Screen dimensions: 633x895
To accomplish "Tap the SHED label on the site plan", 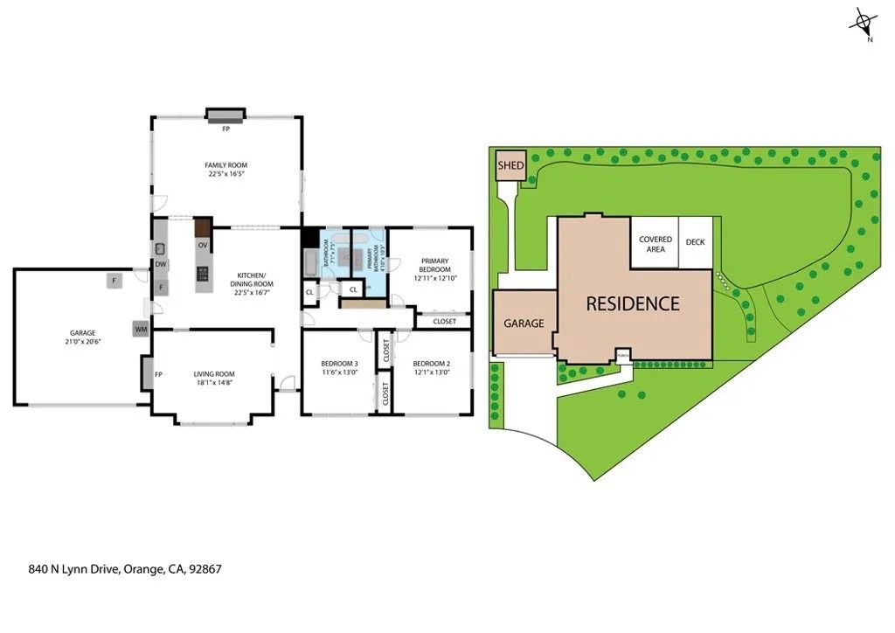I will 510,165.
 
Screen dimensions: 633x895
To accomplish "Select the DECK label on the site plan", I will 695,243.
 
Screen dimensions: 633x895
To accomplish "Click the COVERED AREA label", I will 656,244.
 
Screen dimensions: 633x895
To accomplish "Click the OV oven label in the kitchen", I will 203,245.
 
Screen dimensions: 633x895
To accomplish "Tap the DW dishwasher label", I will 161,264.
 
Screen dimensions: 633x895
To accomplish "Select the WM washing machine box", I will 141,330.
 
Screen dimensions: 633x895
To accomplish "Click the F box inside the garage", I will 113,281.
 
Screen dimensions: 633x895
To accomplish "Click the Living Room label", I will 214,374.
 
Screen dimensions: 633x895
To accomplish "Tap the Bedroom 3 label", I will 339,364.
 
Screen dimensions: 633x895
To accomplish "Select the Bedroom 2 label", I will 431,364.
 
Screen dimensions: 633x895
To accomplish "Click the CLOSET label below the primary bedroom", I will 444,322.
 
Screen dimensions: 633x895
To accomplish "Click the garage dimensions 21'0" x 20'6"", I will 82,342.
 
